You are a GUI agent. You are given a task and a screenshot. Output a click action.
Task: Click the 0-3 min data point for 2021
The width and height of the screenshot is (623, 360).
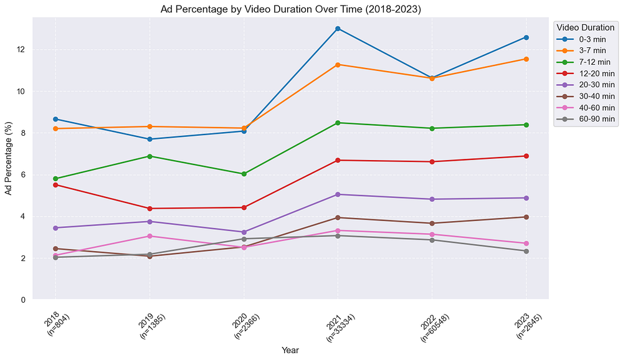pyautogui.click(x=338, y=29)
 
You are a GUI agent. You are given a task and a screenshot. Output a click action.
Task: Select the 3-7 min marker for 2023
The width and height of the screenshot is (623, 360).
pyautogui.click(x=526, y=59)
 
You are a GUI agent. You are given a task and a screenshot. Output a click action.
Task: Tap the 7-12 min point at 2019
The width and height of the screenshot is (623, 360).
pyautogui.click(x=150, y=156)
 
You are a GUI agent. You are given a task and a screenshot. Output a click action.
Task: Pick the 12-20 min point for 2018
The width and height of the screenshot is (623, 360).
pyautogui.click(x=55, y=185)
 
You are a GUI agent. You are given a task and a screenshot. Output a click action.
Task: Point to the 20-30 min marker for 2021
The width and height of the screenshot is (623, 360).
pyautogui.click(x=338, y=194)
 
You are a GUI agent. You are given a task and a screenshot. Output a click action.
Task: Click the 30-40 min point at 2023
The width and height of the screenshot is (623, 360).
pyautogui.click(x=526, y=217)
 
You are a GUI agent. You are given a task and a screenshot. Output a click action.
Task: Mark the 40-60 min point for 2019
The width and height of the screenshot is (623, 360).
pyautogui.click(x=150, y=236)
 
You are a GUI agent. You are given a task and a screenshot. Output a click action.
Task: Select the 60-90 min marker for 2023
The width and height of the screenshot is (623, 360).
pyautogui.click(x=526, y=251)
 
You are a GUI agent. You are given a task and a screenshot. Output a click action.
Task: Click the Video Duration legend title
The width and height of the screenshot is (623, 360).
pyautogui.click(x=586, y=27)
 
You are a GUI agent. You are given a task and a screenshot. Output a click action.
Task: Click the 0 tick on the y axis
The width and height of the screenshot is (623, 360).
pyautogui.click(x=39, y=300)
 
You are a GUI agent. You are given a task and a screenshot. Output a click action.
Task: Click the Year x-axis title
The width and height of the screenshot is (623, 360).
pyautogui.click(x=290, y=351)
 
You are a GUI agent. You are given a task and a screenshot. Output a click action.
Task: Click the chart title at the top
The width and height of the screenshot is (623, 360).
pyautogui.click(x=290, y=9)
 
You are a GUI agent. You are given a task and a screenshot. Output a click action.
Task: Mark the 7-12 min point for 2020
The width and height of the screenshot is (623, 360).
pyautogui.click(x=244, y=174)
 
